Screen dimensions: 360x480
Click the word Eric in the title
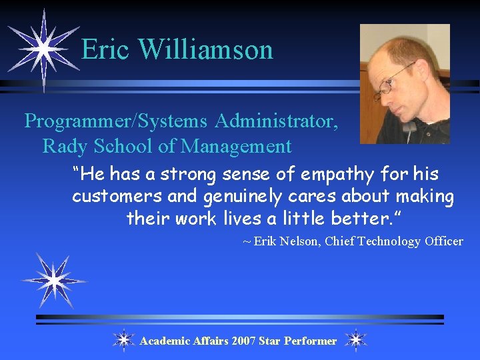pos(106,50)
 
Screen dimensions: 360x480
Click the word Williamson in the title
pos(206,50)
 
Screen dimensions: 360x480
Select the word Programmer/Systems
pos(116,121)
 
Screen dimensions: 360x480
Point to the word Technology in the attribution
pos(389,241)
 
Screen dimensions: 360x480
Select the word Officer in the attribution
pos(443,241)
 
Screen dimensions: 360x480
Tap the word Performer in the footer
pos(310,341)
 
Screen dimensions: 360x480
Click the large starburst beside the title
pos(43,48)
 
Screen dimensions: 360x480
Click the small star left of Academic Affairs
pos(123,340)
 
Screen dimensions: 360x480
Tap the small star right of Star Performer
pos(356,340)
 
